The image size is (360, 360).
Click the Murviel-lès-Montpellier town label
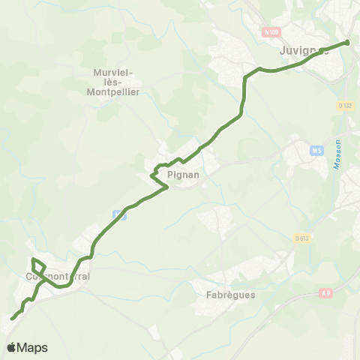click(x=113, y=82)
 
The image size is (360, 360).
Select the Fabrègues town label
click(x=230, y=295)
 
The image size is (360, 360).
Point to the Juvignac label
click(x=304, y=51)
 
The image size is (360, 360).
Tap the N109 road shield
click(x=271, y=33)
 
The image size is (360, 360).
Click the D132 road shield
click(x=345, y=106)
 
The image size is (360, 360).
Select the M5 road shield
click(x=316, y=151)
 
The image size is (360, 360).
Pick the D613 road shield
click(x=302, y=238)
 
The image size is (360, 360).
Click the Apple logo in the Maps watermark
click(x=11, y=347)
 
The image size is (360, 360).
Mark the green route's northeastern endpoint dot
click(x=347, y=42)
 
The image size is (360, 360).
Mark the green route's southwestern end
click(x=12, y=319)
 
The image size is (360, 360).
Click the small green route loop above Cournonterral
click(x=38, y=265)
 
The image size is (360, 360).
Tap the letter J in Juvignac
click(x=282, y=51)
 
